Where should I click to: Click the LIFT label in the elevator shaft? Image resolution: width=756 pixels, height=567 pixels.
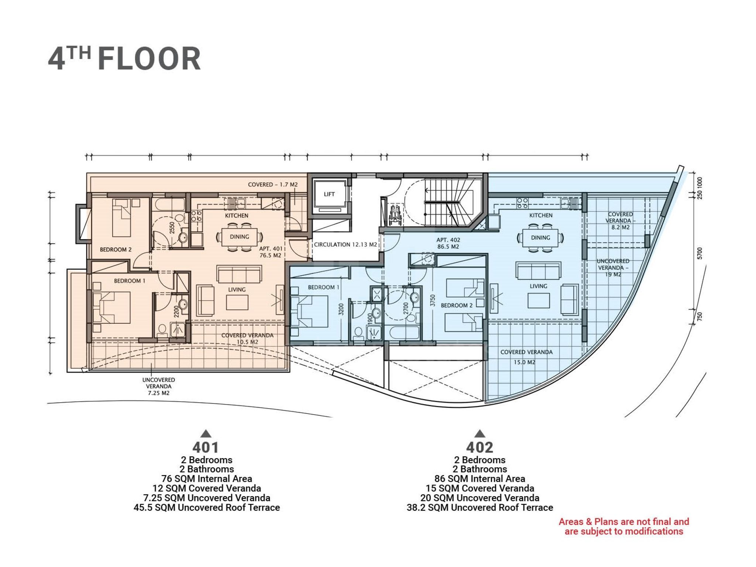tap(329, 194)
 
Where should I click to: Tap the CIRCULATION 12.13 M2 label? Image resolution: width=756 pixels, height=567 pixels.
tap(345, 244)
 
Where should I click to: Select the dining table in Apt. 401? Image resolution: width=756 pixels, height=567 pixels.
tap(240, 237)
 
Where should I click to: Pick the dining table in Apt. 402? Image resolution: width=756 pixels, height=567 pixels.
tap(540, 238)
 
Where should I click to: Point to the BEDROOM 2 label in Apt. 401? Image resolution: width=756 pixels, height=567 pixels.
tap(116, 250)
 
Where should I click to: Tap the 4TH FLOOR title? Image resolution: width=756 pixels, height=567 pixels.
tap(124, 58)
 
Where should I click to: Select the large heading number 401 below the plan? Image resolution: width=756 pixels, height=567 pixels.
tap(206, 447)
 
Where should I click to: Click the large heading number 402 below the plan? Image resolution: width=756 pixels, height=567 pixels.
tap(480, 447)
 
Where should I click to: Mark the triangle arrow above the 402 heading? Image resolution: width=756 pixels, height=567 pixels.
tap(480, 433)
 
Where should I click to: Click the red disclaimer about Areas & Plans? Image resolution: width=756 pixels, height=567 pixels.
tap(624, 526)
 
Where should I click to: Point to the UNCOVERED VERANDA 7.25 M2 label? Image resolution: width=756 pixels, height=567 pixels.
tap(158, 386)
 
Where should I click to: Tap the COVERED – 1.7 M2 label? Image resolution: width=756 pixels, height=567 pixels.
tap(272, 185)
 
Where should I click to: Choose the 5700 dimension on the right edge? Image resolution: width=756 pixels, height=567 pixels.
tap(700, 253)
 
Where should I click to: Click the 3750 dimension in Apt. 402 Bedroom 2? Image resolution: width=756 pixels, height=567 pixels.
tap(433, 300)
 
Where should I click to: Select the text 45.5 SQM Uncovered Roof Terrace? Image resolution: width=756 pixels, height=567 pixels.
tap(207, 508)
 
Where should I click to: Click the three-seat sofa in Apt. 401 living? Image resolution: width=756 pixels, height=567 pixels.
tap(240, 274)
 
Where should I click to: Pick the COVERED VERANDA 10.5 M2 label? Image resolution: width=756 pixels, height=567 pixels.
tap(247, 339)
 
